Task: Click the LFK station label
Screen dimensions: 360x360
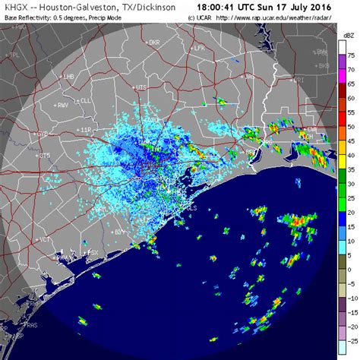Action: point(201,48)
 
